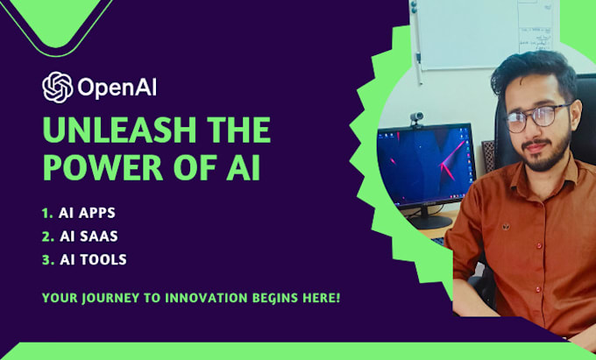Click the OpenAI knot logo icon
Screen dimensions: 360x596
click(58, 87)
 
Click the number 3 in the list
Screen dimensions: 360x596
click(46, 259)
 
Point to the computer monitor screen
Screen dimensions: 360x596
click(424, 166)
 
